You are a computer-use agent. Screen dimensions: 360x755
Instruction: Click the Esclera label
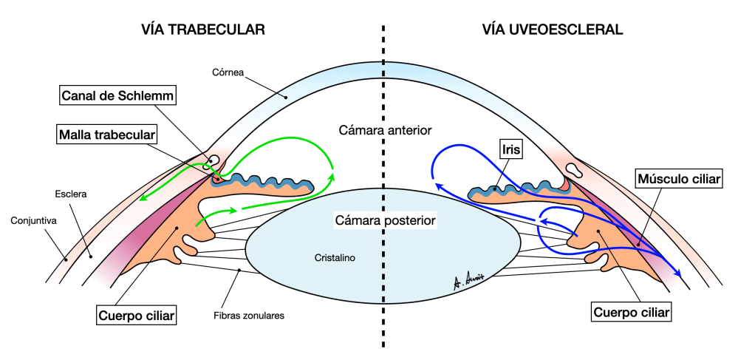(x=71, y=195)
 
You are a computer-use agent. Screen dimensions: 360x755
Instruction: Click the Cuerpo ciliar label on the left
(x=136, y=316)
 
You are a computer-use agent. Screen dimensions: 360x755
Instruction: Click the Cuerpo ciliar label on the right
(x=632, y=313)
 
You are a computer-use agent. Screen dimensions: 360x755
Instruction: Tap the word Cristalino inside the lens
(x=334, y=259)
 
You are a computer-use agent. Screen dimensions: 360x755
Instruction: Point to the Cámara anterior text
(x=384, y=131)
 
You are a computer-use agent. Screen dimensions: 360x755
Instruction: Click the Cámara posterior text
(x=385, y=220)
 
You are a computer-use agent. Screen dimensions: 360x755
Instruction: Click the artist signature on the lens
(x=468, y=280)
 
